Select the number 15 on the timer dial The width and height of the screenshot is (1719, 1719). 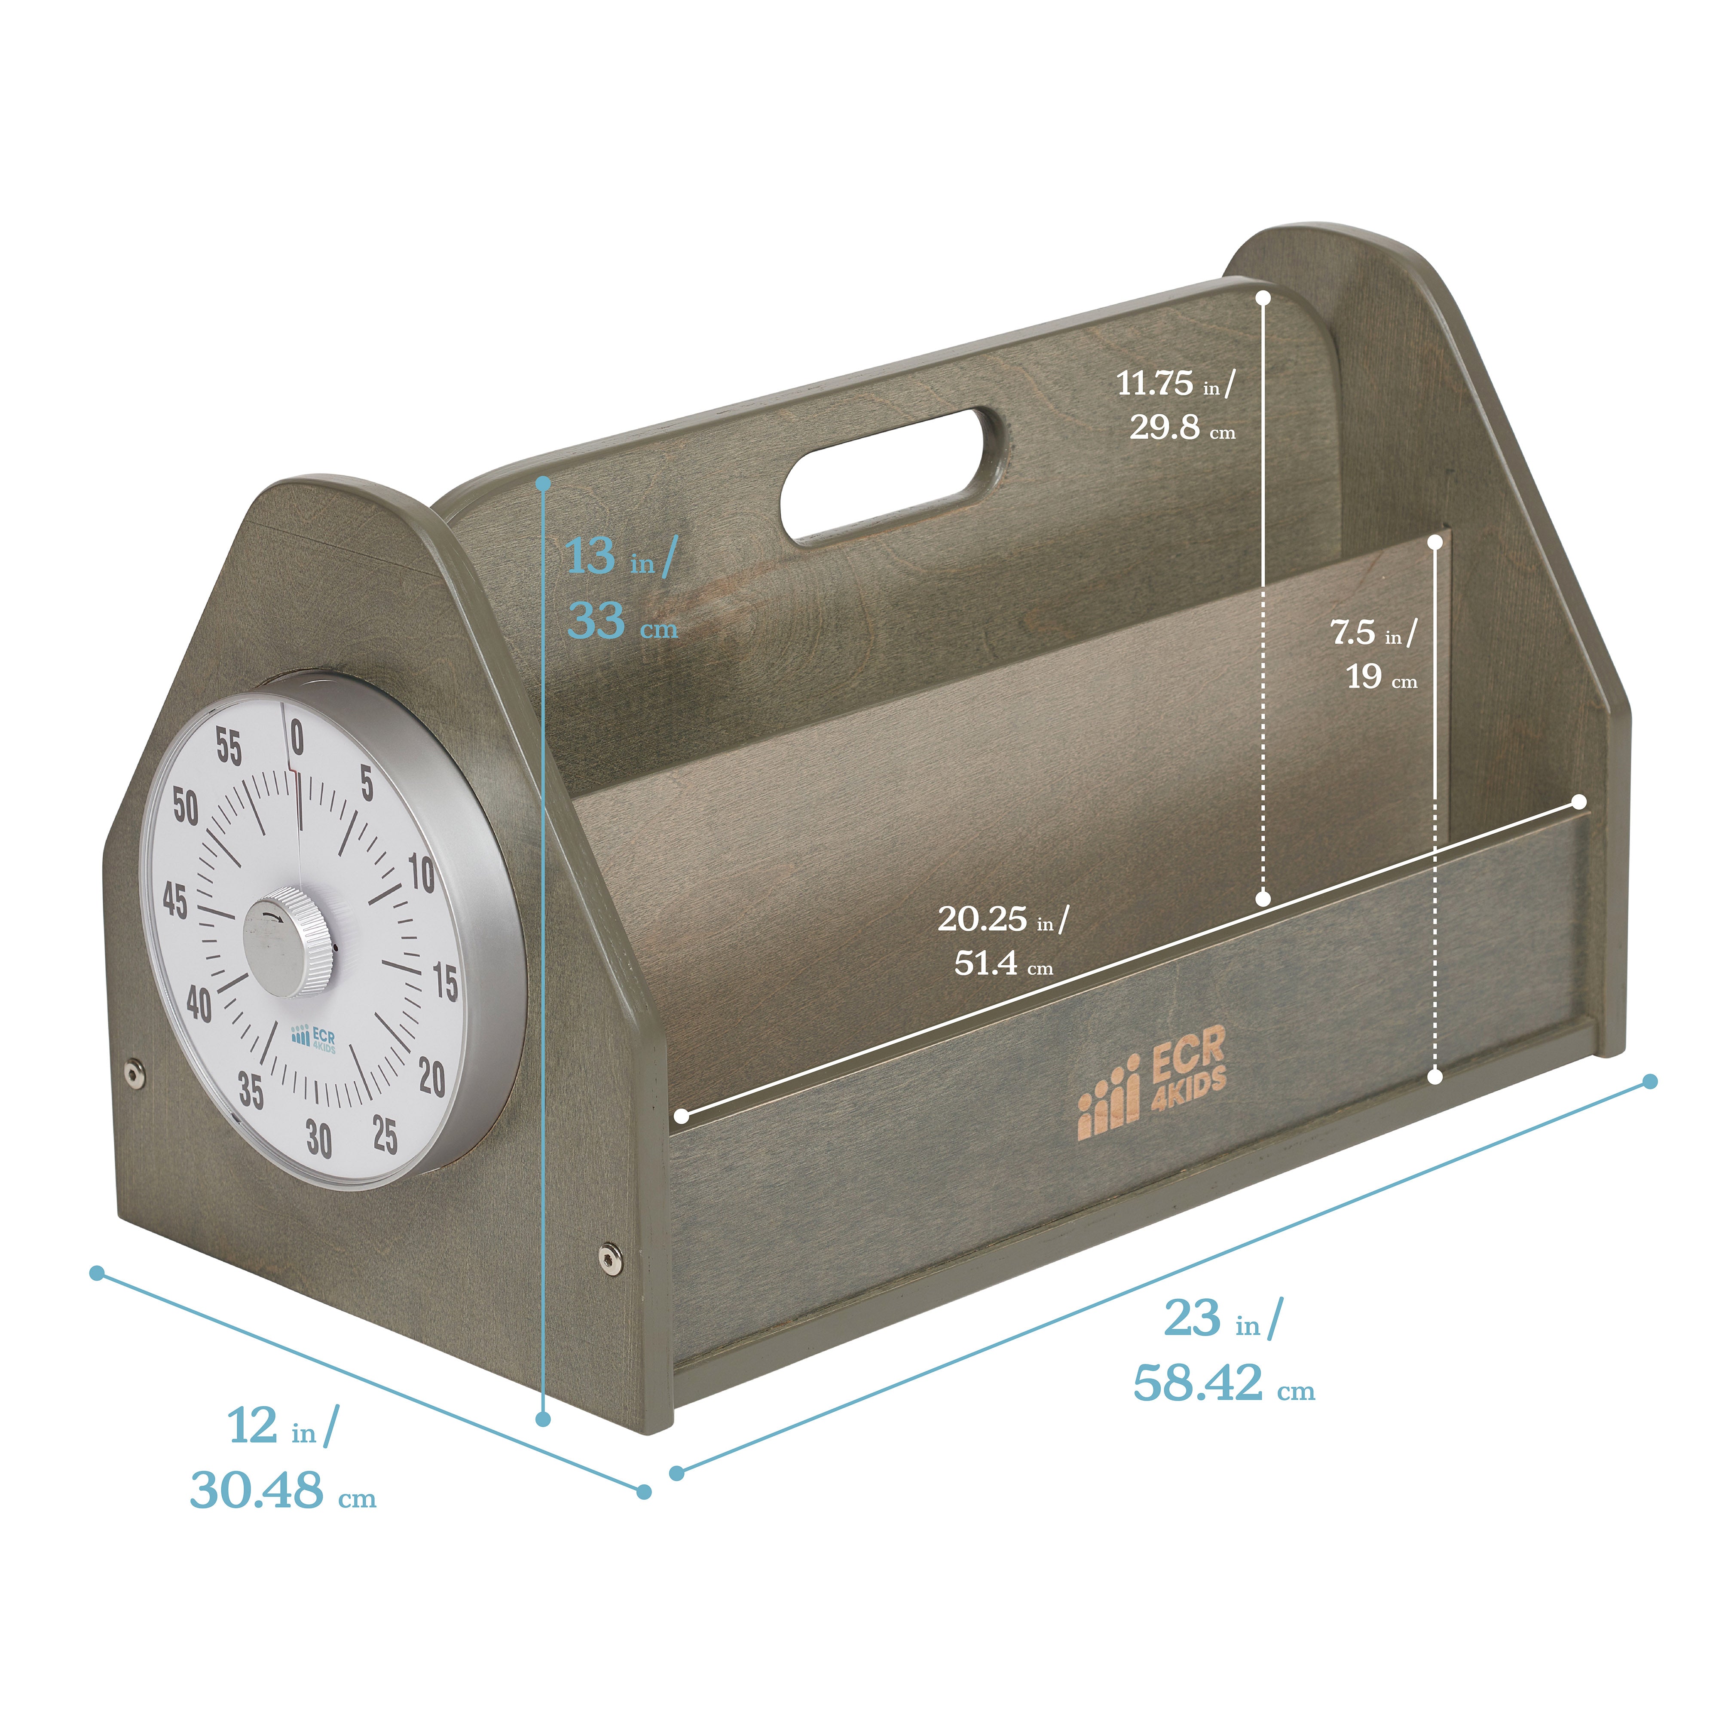coord(445,982)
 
